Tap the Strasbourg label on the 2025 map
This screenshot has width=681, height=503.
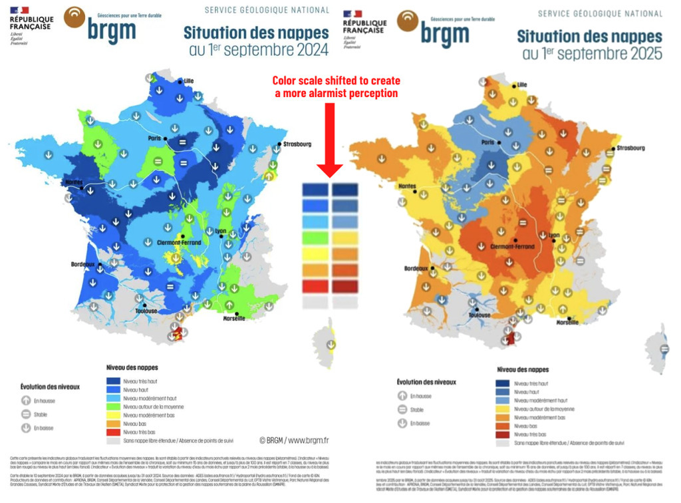click(630, 148)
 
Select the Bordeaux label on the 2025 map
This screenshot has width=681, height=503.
click(418, 269)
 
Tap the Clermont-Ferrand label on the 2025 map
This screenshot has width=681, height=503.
click(512, 247)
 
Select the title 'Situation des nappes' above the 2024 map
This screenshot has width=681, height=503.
click(256, 33)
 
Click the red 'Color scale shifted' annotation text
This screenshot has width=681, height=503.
click(335, 87)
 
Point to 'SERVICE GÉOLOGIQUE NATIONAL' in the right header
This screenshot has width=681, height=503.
click(600, 13)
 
